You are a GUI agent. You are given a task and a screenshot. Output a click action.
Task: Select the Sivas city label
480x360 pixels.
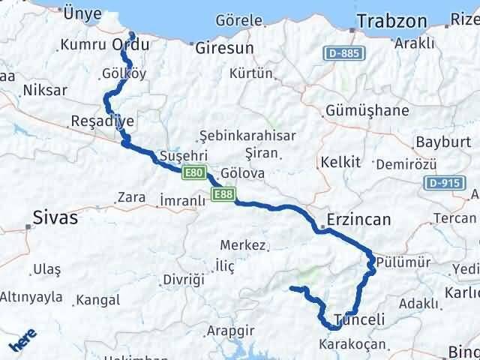[x=55, y=218]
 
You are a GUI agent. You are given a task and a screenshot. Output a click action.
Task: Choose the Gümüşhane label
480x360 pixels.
[x=367, y=111]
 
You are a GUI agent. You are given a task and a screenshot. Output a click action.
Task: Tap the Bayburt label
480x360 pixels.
[x=440, y=141]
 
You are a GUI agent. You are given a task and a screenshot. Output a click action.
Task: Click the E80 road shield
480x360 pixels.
[x=193, y=173]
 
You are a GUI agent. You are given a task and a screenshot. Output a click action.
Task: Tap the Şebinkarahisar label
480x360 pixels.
[x=247, y=136]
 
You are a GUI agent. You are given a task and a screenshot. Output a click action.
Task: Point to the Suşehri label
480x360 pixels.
[x=178, y=156]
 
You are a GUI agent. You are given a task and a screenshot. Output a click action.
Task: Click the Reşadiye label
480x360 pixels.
[x=101, y=121]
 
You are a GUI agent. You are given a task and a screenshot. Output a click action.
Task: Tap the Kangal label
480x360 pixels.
[x=97, y=300]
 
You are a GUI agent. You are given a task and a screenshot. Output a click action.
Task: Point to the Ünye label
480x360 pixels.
[x=82, y=13]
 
